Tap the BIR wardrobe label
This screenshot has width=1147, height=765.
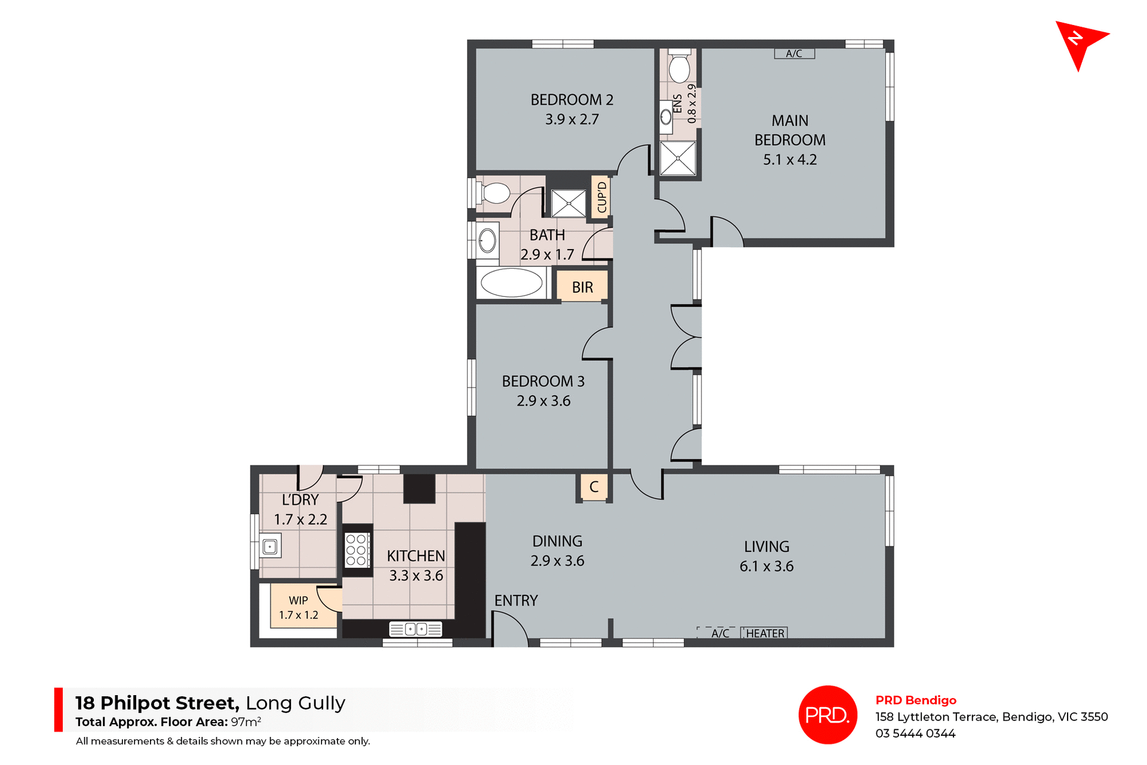tap(582, 287)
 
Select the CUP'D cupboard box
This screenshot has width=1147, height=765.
tap(602, 197)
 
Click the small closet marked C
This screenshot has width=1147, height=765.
tap(594, 487)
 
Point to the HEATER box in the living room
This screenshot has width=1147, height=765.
tap(764, 633)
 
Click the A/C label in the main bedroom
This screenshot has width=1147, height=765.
tap(794, 54)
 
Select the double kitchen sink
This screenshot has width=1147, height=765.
tap(416, 629)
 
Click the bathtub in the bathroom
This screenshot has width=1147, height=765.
tap(511, 282)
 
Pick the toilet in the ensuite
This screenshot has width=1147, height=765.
tap(679, 67)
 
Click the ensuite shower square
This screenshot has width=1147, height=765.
tap(678, 158)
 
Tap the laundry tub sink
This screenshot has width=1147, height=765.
tap(270, 546)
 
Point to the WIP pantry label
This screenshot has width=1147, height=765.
tap(298, 601)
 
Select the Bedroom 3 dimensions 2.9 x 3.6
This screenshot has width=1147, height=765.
tap(543, 401)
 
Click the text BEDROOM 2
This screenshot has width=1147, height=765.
tap(572, 100)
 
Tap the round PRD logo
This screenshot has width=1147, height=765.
tap(827, 714)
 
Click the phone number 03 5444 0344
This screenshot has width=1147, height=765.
tap(915, 733)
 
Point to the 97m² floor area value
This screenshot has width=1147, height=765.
tap(246, 721)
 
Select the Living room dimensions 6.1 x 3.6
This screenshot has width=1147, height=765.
tap(766, 566)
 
